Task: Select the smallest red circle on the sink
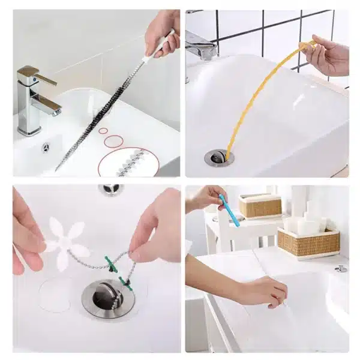click(103, 130)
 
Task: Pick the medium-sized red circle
click(113, 140)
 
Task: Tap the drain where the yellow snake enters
click(219, 158)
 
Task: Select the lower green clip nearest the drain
click(125, 281)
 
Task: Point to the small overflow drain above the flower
click(111, 190)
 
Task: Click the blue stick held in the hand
click(229, 210)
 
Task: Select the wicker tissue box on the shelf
click(260, 205)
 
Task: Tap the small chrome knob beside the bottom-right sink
click(341, 268)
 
